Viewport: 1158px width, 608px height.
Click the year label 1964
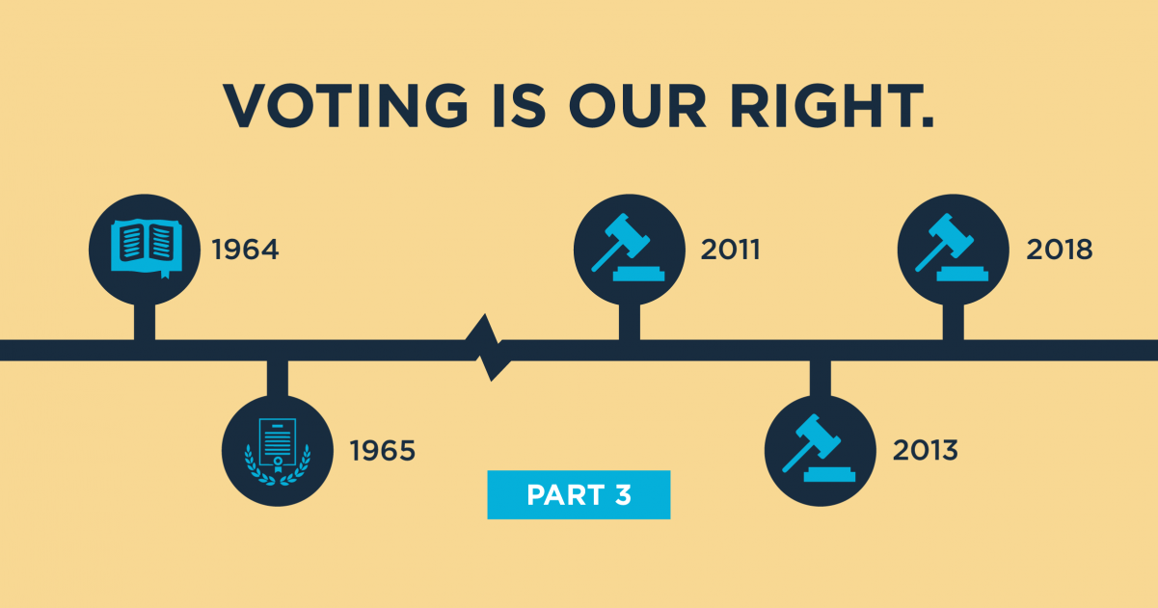pyautogui.click(x=245, y=251)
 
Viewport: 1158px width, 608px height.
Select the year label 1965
pyautogui.click(x=382, y=450)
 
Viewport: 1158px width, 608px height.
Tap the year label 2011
pyautogui.click(x=730, y=251)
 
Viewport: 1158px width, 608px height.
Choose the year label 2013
pyautogui.click(x=925, y=450)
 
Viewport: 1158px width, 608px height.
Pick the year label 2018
pyautogui.click(x=1059, y=251)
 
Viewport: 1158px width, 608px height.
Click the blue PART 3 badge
pyautogui.click(x=579, y=495)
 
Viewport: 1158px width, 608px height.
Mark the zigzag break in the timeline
pyautogui.click(x=488, y=350)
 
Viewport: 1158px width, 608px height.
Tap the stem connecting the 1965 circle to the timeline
pyautogui.click(x=278, y=379)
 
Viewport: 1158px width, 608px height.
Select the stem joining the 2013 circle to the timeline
pyautogui.click(x=820, y=379)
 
